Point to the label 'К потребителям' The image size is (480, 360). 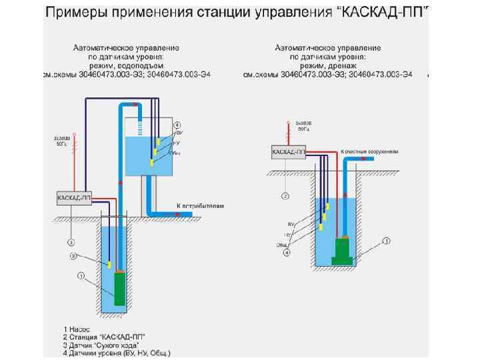200,206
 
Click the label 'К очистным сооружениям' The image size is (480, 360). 369,152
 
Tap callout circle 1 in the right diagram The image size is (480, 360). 386,241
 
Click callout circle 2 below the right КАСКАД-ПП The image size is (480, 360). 285,197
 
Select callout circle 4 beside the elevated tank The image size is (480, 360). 177,125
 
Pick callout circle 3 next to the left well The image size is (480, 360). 75,257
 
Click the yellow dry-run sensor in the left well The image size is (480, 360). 108,265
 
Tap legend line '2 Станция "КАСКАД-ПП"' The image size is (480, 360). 105,337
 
